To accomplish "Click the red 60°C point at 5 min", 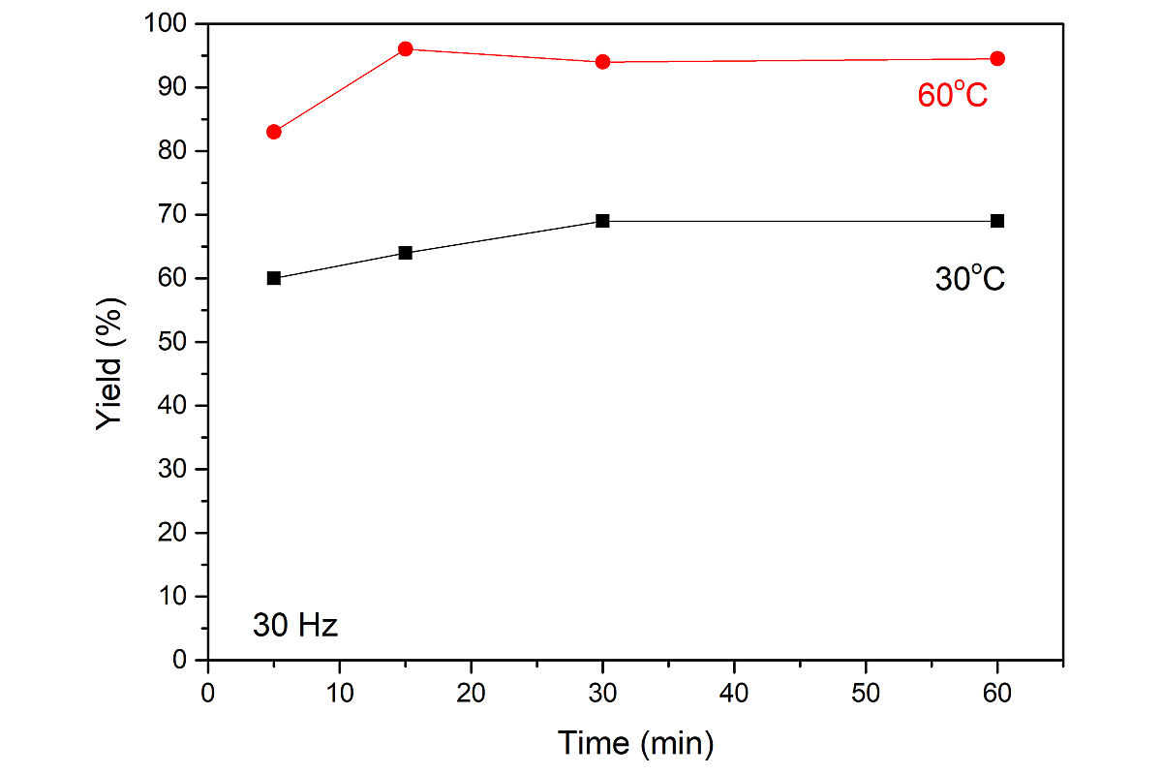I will (x=274, y=132).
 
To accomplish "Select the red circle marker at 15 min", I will (x=406, y=48).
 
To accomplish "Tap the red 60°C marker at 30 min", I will (x=602, y=62).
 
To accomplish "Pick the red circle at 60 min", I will (x=997, y=58).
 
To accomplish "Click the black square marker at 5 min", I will (x=274, y=278).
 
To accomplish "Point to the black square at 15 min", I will (x=406, y=253).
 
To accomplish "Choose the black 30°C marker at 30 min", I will (x=602, y=221).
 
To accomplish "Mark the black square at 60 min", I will (x=997, y=221).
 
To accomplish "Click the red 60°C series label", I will (x=952, y=95).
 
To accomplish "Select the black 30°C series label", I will (x=969, y=279).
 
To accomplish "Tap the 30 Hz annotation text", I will (x=295, y=626).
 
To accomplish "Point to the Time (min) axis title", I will (x=636, y=743).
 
